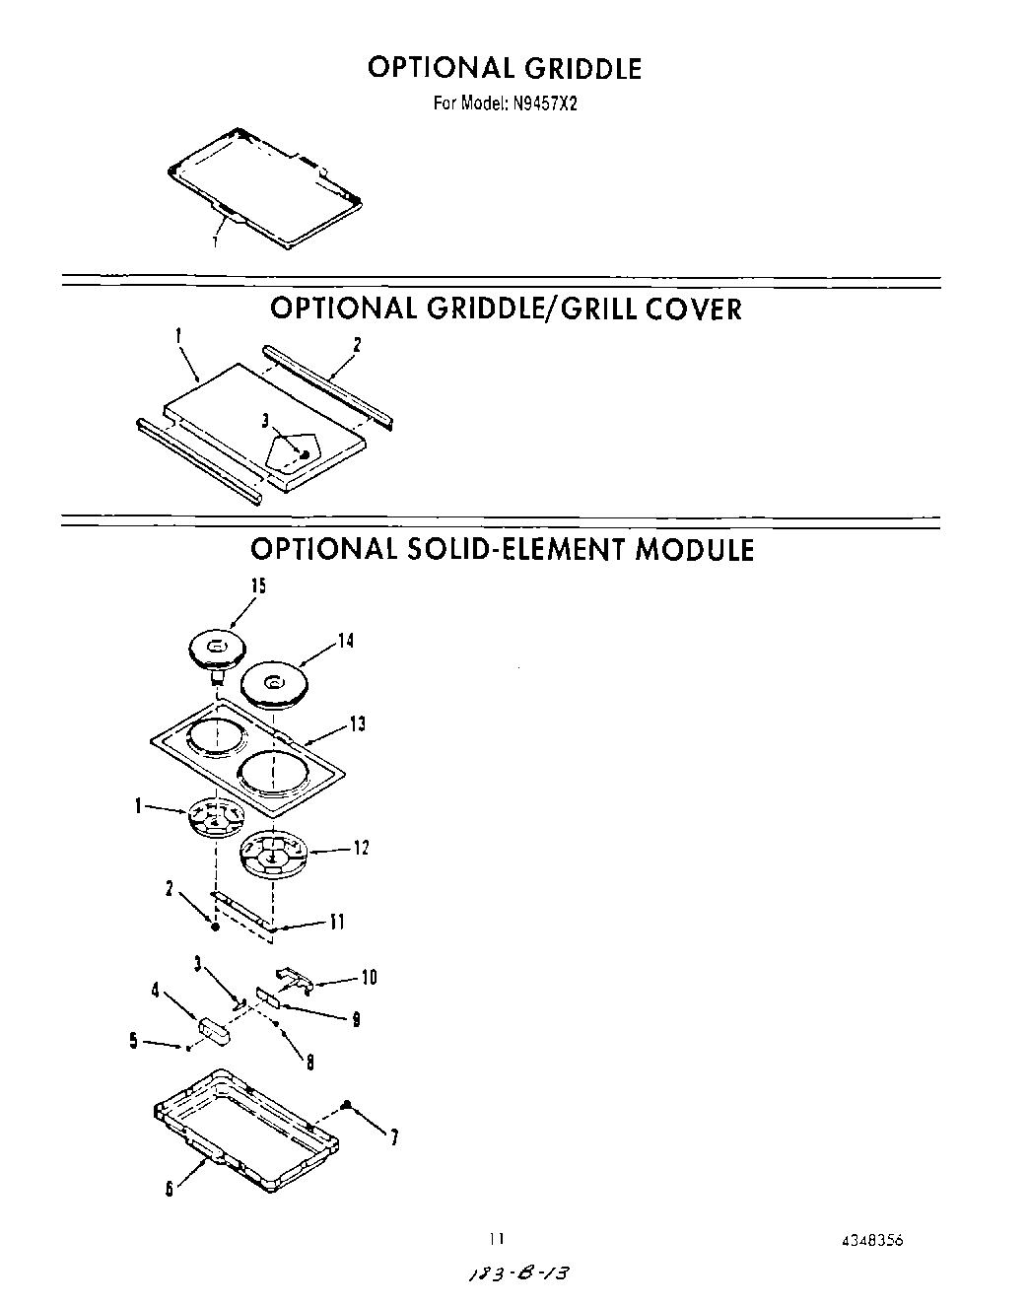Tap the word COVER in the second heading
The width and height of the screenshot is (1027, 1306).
[692, 309]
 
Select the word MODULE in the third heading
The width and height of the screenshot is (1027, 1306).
[694, 549]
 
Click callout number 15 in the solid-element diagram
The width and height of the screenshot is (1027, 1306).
[258, 586]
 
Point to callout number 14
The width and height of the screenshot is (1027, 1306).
[346, 641]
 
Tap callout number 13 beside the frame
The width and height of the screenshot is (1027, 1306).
[357, 724]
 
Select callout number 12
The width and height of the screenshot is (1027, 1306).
[362, 848]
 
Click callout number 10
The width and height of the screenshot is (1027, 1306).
[369, 978]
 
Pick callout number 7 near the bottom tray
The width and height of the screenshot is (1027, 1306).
[394, 1138]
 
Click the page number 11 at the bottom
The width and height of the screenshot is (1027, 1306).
[498, 1240]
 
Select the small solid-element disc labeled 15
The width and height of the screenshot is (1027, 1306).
[216, 650]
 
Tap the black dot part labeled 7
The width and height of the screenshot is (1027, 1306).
[347, 1104]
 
